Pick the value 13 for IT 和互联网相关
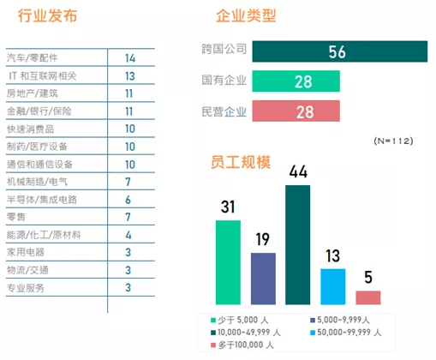tap(129, 76)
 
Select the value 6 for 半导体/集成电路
tap(128, 199)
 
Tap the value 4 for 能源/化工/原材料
tap(128, 234)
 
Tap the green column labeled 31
tap(228, 261)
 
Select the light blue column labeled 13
tap(333, 285)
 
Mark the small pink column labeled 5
tap(368, 297)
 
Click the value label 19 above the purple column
tap(263, 239)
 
